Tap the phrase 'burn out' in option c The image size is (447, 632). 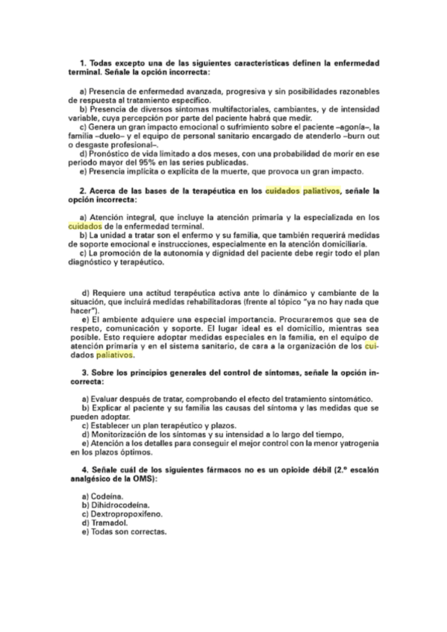tap(363, 136)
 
